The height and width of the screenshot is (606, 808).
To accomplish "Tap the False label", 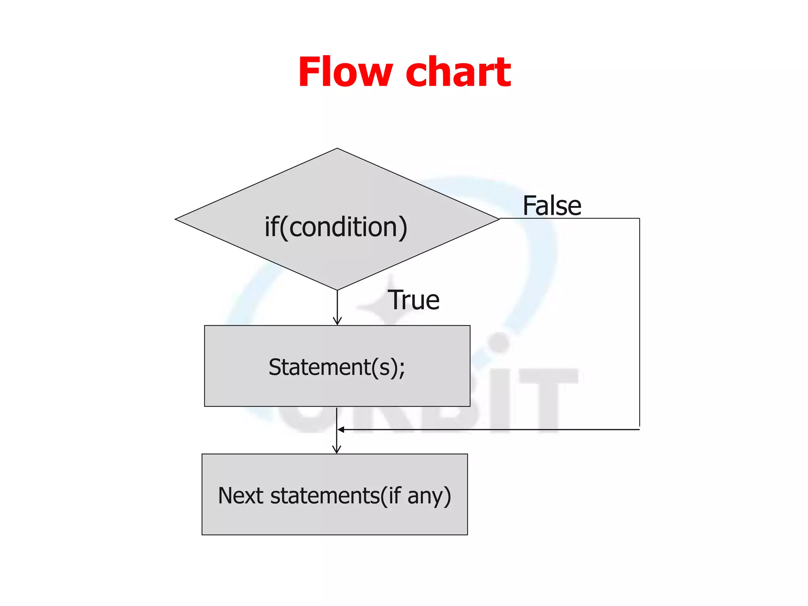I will [552, 206].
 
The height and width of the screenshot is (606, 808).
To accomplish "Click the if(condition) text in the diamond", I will [336, 227].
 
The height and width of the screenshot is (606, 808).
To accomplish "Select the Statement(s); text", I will [336, 367].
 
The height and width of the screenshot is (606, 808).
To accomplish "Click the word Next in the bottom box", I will [241, 496].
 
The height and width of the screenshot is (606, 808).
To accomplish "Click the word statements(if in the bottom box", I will [335, 496].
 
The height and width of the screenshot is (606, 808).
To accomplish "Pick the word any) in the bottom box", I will [429, 496].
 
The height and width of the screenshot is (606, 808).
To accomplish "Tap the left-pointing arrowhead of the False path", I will [341, 430].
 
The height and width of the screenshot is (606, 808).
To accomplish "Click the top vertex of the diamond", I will [337, 149].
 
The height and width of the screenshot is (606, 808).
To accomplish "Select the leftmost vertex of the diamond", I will [176, 219].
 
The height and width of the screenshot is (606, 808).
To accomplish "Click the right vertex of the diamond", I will [499, 219].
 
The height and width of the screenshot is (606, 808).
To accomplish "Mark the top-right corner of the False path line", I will [639, 218].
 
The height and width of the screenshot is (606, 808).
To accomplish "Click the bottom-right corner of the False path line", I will [639, 429].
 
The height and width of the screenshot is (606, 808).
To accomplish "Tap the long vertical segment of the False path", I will [639, 324].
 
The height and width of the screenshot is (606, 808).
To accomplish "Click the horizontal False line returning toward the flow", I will [489, 429].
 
